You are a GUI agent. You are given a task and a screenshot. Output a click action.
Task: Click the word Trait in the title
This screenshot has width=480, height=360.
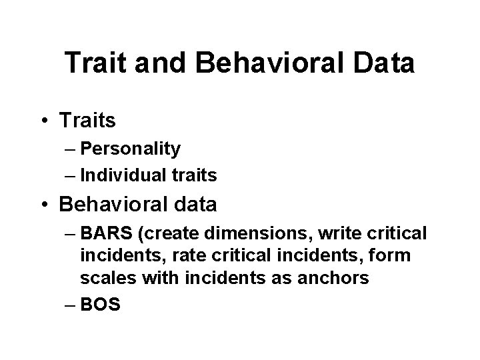click(x=93, y=63)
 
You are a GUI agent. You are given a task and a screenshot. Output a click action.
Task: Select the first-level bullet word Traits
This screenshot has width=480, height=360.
click(x=87, y=121)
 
